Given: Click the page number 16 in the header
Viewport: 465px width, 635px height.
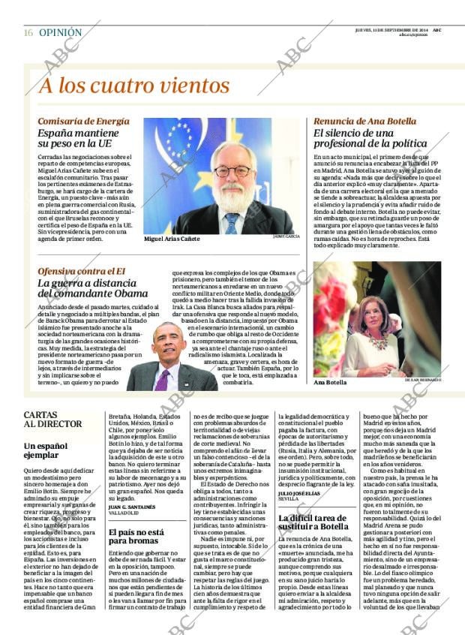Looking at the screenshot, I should pos(27,33).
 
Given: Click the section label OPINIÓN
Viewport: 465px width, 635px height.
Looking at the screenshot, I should pos(60,33).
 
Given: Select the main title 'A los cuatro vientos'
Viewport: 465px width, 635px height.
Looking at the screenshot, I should pos(134,84).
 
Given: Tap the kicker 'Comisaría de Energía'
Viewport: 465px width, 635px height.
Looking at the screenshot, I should pos(83,121).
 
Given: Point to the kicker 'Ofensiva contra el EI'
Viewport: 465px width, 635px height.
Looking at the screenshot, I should pos(82,271).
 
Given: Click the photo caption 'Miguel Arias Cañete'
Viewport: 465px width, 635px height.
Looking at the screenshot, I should pos(172,238).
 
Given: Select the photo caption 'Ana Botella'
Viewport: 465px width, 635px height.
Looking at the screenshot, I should pos(330,382).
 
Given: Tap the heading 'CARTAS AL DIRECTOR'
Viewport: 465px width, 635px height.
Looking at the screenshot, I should pos(52,419).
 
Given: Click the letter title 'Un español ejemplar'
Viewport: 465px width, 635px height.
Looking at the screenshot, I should pos(46,450).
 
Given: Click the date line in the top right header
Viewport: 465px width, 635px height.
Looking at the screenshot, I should pos(397,29).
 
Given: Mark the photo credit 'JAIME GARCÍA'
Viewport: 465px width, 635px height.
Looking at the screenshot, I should pos(286,236).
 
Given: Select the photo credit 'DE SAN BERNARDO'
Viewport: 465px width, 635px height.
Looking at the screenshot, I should pos(421,381).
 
